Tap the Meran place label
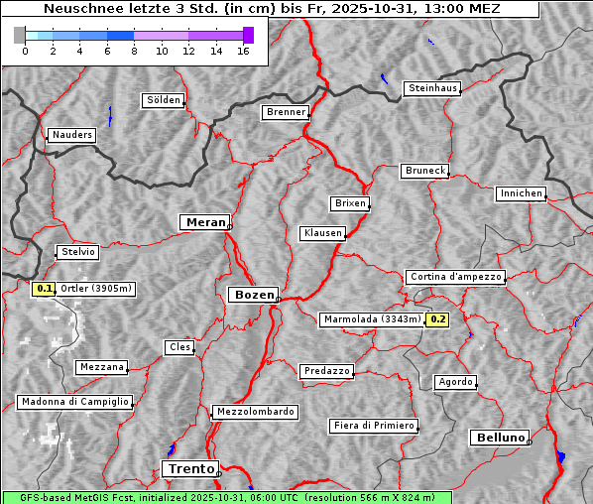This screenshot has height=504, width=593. [x=203, y=222]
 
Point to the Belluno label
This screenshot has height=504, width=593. [x=499, y=438]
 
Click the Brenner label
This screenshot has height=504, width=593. [x=286, y=112]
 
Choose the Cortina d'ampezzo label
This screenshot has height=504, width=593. [x=455, y=277]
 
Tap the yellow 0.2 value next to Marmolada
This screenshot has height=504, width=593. [x=437, y=319]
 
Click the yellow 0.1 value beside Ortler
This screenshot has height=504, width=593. [x=44, y=289]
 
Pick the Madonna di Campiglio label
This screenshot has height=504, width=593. [x=74, y=402]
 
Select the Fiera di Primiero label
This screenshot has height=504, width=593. [x=373, y=426]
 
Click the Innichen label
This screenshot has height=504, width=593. [x=521, y=193]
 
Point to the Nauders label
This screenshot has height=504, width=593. [x=71, y=135]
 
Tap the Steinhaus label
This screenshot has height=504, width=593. [x=433, y=88]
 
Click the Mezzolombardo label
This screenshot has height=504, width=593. [x=254, y=411]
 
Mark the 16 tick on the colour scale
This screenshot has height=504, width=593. [x=243, y=51]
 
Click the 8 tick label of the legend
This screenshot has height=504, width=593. [x=134, y=51]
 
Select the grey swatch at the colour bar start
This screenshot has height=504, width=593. [x=20, y=35]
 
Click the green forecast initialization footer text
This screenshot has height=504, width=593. [x=226, y=497]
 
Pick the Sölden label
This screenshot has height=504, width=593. [x=164, y=100]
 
